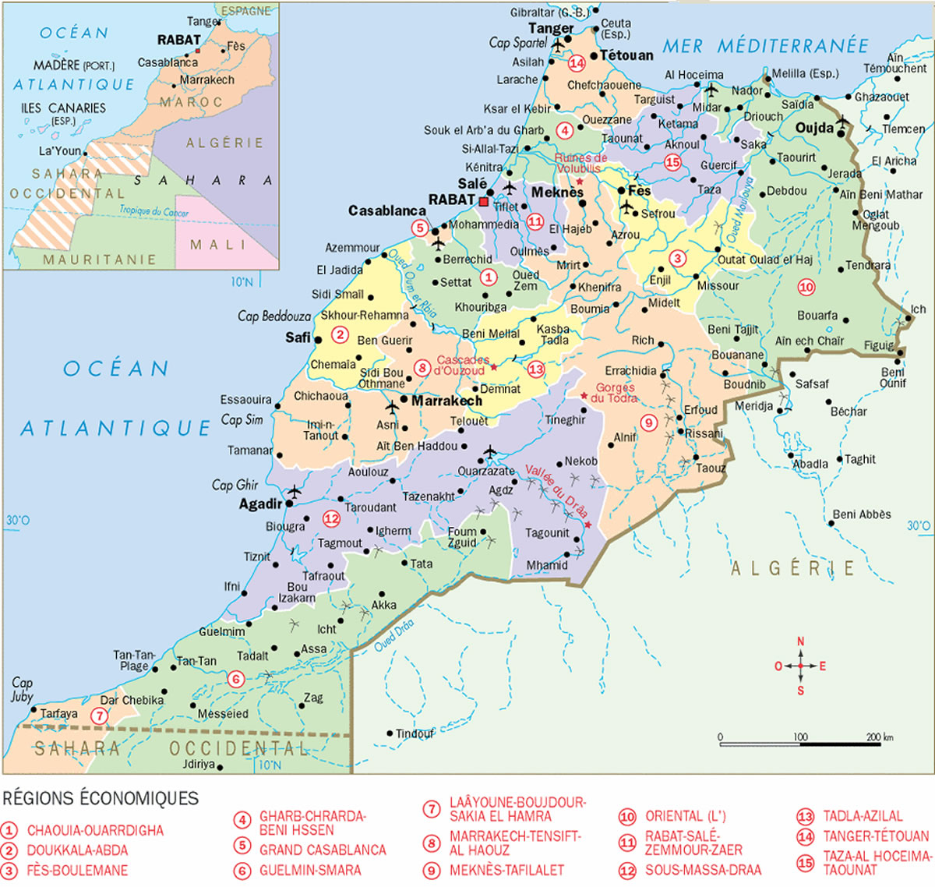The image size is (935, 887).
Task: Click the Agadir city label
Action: pos(260,504)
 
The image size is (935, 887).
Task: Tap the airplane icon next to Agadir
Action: pos(294,492)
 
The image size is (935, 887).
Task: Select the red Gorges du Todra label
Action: pos(615,393)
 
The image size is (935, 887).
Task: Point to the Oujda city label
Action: pos(815,128)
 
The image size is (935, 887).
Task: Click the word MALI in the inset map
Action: pos(217,245)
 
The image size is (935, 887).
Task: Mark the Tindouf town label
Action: pos(415,733)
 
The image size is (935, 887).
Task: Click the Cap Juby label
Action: pos(22,689)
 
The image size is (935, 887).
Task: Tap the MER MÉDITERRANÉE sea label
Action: pos(765,46)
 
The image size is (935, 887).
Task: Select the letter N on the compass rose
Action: pos(800,641)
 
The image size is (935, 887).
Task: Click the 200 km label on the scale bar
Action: pos(880,737)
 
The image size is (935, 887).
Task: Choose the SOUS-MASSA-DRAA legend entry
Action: pos(703,870)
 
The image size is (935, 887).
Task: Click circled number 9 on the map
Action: pos(649,422)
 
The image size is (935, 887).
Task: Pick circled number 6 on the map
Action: pos(237,679)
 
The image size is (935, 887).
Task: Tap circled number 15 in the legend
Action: pos(805,862)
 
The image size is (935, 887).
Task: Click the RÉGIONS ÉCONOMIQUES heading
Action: pos(101,798)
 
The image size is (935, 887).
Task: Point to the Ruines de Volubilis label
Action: pos(580,163)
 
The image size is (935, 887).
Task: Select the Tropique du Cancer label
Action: pos(153,210)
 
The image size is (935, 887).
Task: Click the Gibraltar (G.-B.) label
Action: pos(549,12)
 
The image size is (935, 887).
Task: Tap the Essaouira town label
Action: pos(245,400)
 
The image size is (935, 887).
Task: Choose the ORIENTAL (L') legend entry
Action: pos(685,816)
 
